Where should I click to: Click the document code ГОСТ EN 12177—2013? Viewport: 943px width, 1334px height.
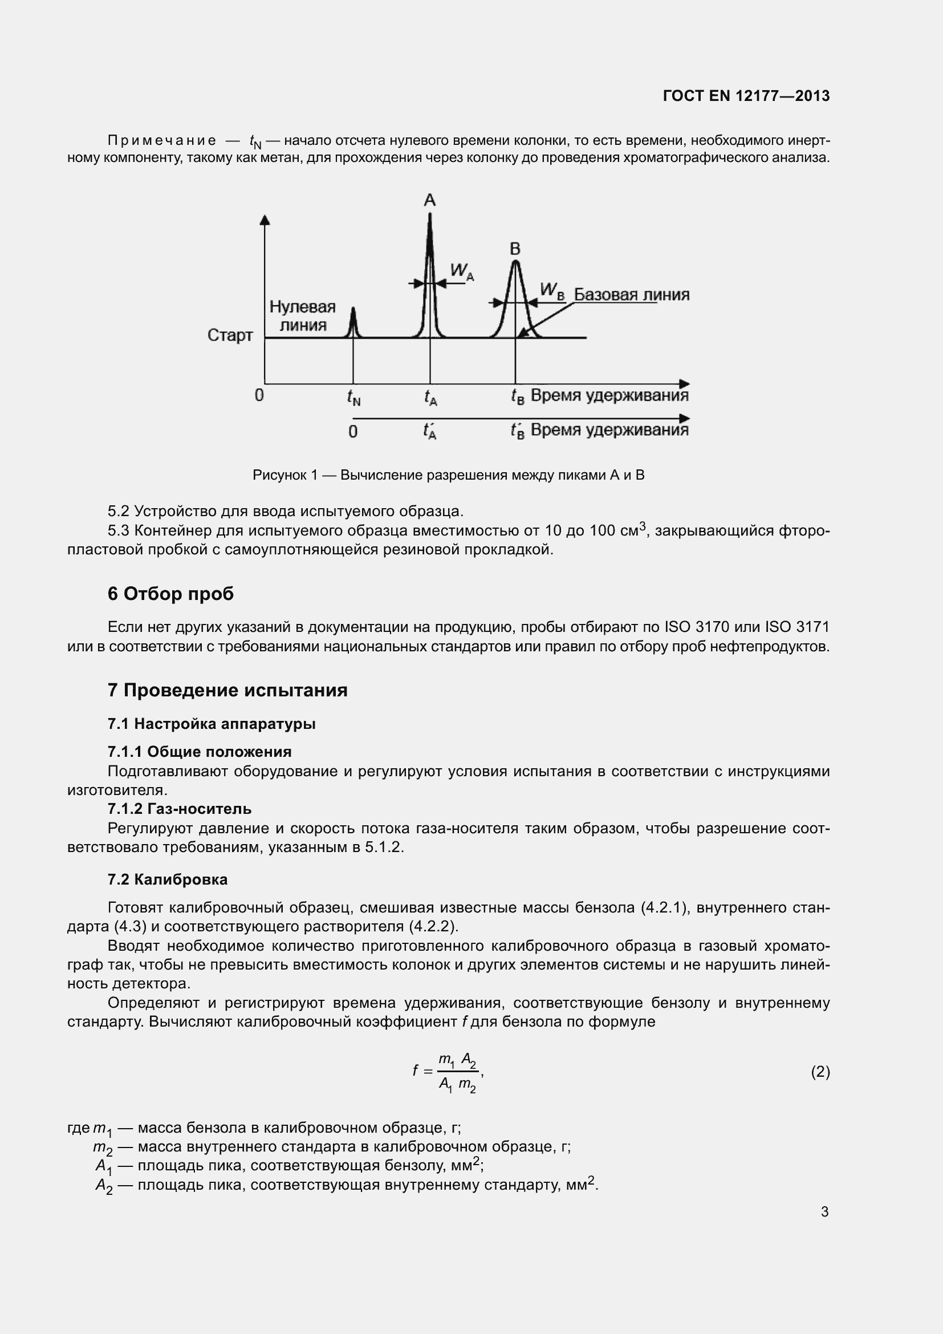pyautogui.click(x=746, y=96)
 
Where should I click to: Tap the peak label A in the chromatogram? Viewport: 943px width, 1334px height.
pyautogui.click(x=430, y=200)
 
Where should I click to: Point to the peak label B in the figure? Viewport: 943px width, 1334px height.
pyautogui.click(x=515, y=249)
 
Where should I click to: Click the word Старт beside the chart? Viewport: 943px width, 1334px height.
pyautogui.click(x=230, y=335)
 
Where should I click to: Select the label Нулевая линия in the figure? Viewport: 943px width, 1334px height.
pyautogui.click(x=303, y=315)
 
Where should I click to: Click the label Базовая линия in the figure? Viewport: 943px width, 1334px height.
pyautogui.click(x=631, y=294)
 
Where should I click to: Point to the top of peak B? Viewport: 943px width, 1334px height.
pyautogui.click(x=515, y=263)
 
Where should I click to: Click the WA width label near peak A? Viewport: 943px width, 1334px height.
pyautogui.click(x=462, y=271)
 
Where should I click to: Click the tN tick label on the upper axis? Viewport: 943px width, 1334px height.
pyautogui.click(x=353, y=398)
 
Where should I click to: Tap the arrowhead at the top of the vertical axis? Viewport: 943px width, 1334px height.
pyautogui.click(x=265, y=220)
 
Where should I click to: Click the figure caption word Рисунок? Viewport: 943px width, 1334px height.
pyautogui.click(x=279, y=475)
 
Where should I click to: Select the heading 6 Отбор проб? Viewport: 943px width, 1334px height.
pyautogui.click(x=170, y=593)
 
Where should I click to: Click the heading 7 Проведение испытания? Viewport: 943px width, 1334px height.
pyautogui.click(x=227, y=690)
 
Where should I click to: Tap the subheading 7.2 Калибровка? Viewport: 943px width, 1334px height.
pyautogui.click(x=168, y=879)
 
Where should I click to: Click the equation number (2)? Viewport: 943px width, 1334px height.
pyautogui.click(x=820, y=1072)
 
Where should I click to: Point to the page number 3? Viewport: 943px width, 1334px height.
pyautogui.click(x=824, y=1211)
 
